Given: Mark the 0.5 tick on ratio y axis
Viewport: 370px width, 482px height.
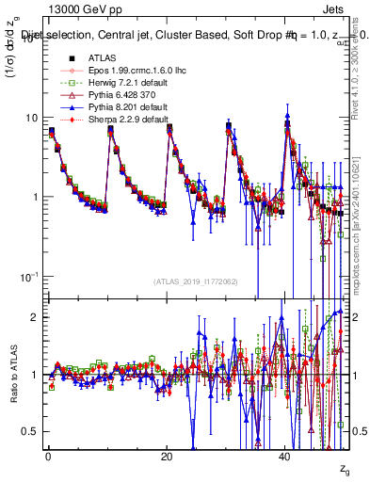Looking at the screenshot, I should coord(29,431).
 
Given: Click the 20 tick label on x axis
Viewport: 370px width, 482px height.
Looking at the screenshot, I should coord(166,456).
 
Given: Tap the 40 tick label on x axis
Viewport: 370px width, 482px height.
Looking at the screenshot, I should coord(284,456).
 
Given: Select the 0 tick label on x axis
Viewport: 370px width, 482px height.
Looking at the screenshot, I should coord(47,456).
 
